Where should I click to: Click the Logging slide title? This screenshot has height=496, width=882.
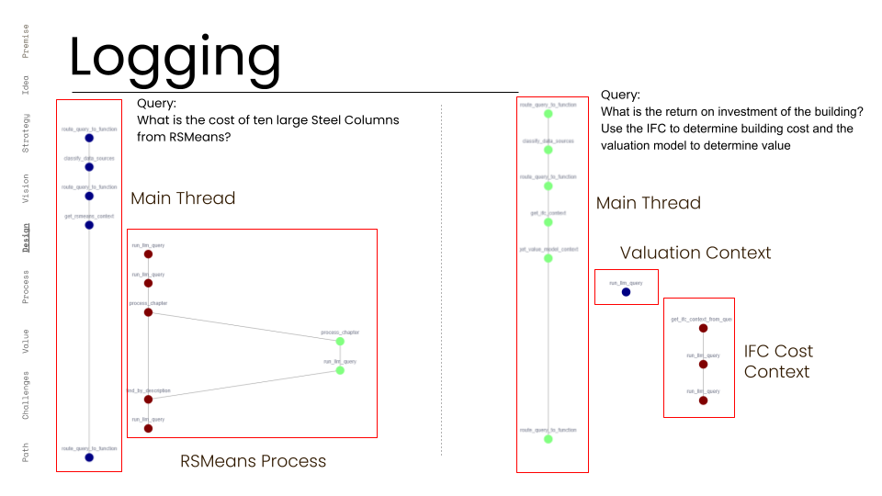coord(175,57)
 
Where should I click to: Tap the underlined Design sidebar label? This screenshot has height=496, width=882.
coord(26,236)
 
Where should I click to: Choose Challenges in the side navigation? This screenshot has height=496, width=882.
coord(26,396)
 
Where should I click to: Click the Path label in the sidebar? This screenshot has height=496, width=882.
coord(26,453)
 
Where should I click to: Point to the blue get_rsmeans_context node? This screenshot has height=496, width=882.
coord(89,225)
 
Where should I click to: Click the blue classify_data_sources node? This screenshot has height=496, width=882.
coord(89,167)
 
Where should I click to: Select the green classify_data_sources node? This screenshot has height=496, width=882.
coord(548,150)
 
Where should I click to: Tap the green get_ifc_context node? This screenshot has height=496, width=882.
coord(548,222)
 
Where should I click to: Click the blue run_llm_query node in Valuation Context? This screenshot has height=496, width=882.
coord(626,292)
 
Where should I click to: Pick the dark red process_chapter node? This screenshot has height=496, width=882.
coord(148,312)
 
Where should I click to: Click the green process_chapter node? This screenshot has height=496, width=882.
coord(340,341)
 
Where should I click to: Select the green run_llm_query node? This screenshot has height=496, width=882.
coord(340,370)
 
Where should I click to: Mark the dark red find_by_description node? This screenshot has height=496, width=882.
coord(148,400)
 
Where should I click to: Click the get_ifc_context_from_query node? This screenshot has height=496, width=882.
coord(703,328)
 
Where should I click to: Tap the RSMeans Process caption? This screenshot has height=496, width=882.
coord(253,461)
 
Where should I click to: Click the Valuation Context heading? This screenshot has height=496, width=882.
coord(695,253)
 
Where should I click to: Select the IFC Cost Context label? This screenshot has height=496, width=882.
coord(778,361)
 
